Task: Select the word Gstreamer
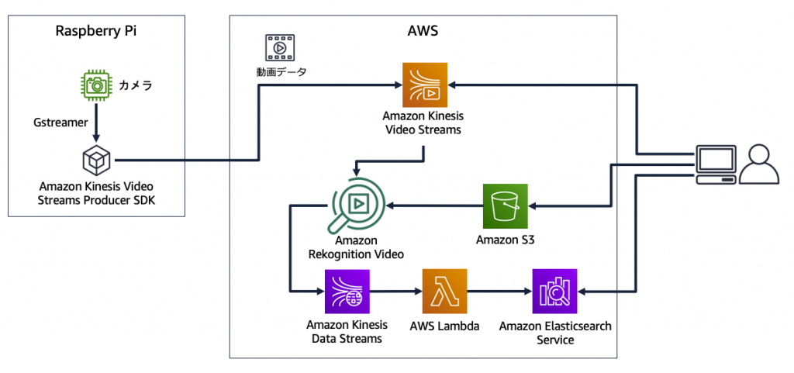click(x=59, y=123)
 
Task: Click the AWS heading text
click(x=423, y=31)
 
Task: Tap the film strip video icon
click(x=279, y=48)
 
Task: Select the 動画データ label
click(x=281, y=72)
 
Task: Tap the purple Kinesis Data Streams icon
click(x=347, y=291)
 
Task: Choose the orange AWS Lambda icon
click(x=444, y=291)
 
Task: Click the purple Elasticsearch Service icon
click(x=554, y=291)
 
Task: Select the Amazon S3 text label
click(x=505, y=240)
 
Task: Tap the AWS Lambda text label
click(x=444, y=326)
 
